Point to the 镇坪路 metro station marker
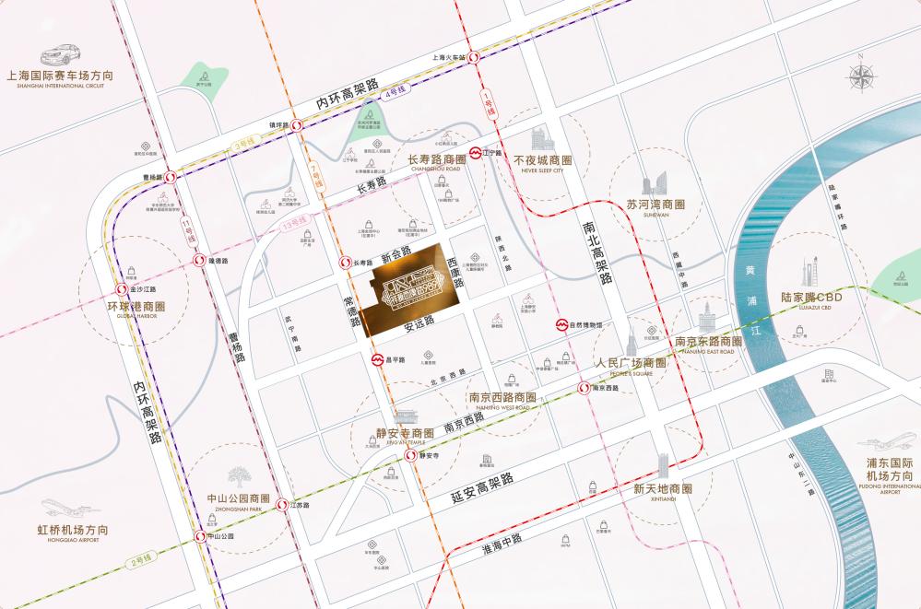[x=297, y=125]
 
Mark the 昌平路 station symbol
[x=377, y=359]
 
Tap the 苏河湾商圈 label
[x=655, y=204]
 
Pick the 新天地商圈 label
[x=663, y=488]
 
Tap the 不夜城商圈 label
[x=542, y=159]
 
